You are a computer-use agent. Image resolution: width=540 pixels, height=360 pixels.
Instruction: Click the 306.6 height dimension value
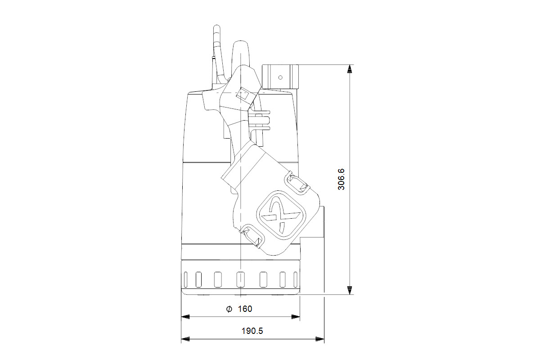tap(342, 180)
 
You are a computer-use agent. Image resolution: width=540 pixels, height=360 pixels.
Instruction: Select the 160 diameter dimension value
tap(245, 309)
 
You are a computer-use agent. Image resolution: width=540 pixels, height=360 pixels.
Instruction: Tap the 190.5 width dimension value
tap(252, 331)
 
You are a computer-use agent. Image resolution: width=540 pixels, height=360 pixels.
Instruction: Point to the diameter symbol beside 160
tap(229, 309)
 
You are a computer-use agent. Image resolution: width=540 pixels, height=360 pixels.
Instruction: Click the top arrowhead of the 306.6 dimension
tap(349, 69)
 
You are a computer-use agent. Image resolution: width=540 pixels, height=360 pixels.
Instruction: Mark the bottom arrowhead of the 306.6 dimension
tap(349, 290)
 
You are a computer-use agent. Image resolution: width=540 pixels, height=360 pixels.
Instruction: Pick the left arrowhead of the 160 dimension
tap(185, 317)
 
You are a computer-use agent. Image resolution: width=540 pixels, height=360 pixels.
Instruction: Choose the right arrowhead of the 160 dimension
tap(296, 317)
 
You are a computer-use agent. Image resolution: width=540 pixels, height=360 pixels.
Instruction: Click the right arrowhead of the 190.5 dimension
tap(320, 339)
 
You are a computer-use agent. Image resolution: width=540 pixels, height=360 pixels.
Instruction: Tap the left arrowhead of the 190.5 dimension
tap(185, 339)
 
